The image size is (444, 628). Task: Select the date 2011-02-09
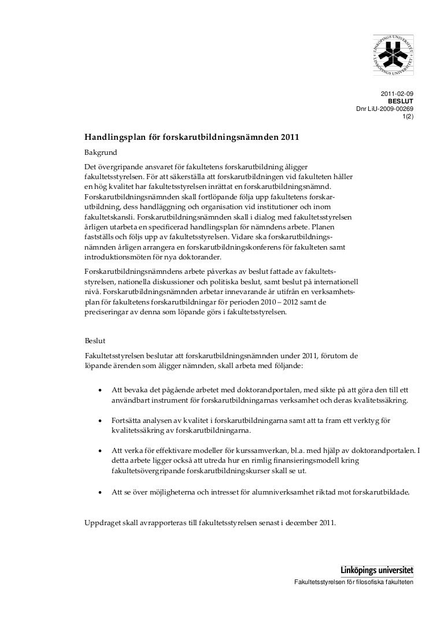point(397,94)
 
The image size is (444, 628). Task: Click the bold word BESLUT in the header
point(401,101)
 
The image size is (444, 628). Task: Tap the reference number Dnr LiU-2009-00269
point(384,109)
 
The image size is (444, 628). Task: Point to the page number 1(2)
point(408,116)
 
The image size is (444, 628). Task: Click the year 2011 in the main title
point(291,138)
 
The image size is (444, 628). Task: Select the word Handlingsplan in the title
point(112,138)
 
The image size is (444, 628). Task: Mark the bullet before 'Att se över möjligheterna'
point(101,493)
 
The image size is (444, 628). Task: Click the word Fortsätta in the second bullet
point(129,421)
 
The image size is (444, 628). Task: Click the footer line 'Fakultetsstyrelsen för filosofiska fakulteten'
point(354,581)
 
